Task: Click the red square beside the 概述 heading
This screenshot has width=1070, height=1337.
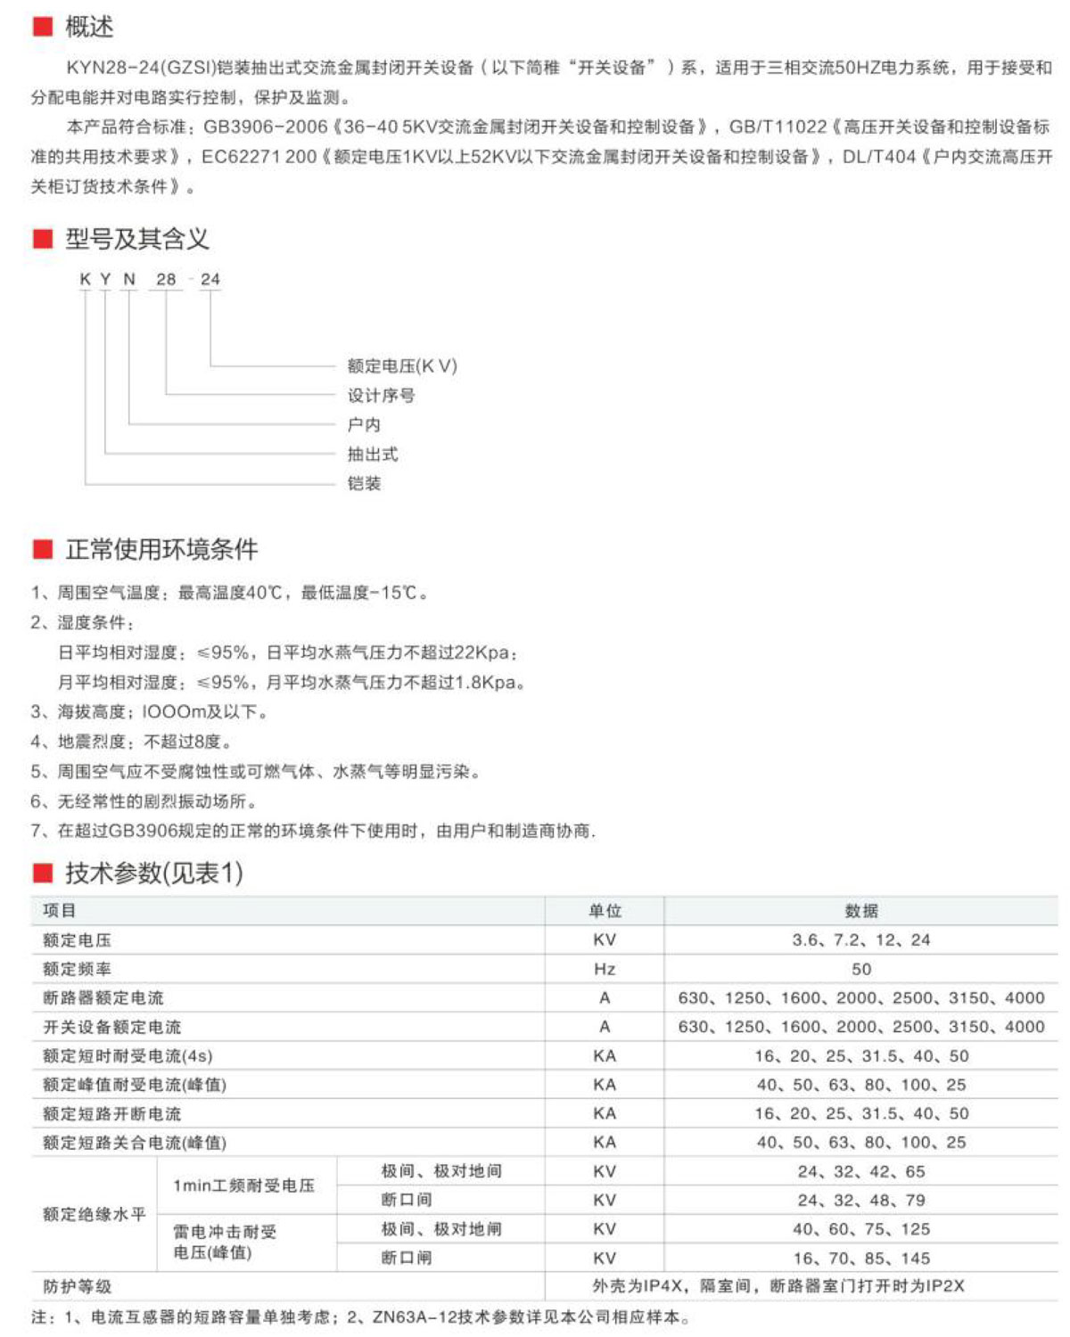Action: tap(42, 27)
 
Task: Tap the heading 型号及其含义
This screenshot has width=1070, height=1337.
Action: tap(136, 239)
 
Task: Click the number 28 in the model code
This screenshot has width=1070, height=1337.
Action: tap(166, 279)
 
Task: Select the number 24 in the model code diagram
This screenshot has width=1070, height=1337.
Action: tap(210, 279)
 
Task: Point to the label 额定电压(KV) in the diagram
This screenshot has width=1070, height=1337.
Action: tap(401, 365)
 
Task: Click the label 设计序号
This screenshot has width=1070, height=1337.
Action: tap(381, 395)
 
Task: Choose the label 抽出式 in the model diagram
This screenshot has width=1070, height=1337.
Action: tap(373, 454)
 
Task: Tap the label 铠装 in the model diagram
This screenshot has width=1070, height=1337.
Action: tap(364, 483)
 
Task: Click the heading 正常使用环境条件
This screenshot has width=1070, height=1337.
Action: tap(161, 549)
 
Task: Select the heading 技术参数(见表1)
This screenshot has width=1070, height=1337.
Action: tap(153, 873)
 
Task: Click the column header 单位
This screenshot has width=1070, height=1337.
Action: tap(605, 911)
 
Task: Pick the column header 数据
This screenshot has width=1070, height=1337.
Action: tap(861, 911)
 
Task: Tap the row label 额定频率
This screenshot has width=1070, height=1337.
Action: tap(78, 969)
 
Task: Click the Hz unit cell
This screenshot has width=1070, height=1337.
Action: tap(605, 969)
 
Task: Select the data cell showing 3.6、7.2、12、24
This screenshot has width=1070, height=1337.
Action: tap(861, 939)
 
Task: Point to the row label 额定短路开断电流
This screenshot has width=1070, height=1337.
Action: tap(111, 1113)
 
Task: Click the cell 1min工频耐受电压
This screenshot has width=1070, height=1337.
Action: tap(243, 1185)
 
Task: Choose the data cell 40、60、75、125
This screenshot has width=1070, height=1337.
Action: tap(861, 1229)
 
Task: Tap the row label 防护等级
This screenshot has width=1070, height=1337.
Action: tap(78, 1286)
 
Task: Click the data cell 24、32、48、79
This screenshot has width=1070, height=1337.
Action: tap(861, 1200)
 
